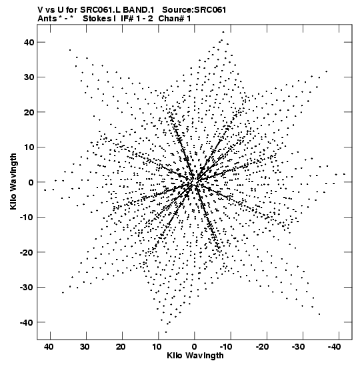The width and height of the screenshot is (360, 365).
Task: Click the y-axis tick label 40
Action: tap(29, 42)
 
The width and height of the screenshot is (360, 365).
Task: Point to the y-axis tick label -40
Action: tap(27, 322)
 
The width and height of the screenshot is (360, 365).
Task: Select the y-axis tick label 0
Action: tap(31, 182)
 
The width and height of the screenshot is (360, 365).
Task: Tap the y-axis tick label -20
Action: tap(27, 252)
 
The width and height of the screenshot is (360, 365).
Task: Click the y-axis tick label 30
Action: tap(29, 77)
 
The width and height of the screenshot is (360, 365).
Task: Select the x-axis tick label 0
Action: tap(195, 347)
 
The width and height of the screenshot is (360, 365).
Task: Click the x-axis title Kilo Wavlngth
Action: tap(195, 356)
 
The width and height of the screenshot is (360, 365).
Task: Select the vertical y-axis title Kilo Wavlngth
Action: tap(13, 181)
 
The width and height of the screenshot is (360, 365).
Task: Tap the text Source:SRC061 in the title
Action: tap(194, 10)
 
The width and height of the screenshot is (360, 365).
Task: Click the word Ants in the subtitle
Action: tap(47, 19)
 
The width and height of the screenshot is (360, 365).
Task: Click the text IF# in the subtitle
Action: tap(127, 19)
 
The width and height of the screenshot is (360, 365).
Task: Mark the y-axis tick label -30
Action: tap(27, 288)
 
